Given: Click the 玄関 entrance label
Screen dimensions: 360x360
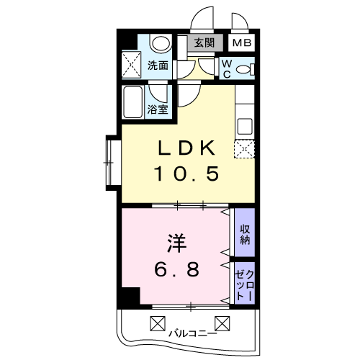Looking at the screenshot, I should click(204, 42).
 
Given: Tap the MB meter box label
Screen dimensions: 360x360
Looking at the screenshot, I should click(241, 42).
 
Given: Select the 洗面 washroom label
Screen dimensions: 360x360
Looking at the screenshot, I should click(158, 66).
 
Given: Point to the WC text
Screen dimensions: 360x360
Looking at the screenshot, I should click(225, 68).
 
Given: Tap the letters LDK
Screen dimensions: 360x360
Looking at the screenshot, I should click(186, 148).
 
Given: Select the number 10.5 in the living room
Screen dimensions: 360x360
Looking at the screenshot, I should click(186, 174).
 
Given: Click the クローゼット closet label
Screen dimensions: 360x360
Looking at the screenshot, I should click(245, 284).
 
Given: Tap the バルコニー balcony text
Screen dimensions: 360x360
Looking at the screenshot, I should click(192, 333).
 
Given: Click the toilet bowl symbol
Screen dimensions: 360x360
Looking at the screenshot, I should click(245, 68).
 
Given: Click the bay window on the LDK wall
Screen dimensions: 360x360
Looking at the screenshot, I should click(112, 163).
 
